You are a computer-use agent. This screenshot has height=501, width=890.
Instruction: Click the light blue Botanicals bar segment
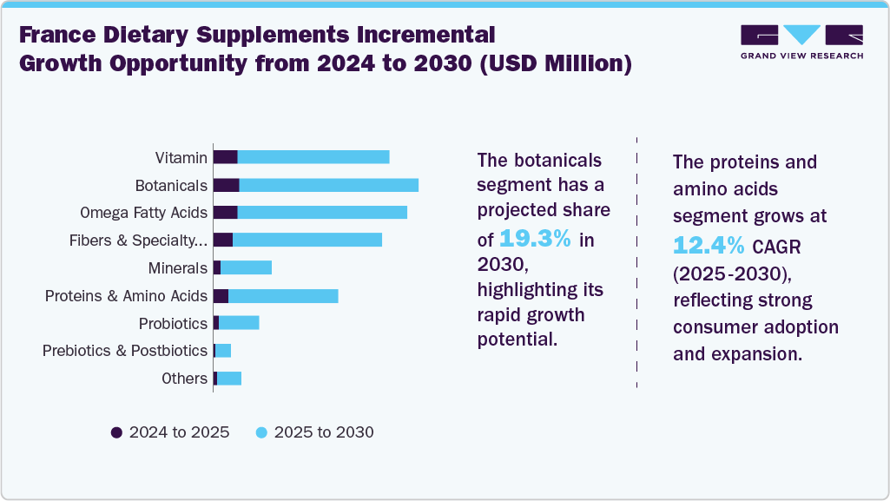pyautogui.click(x=328, y=185)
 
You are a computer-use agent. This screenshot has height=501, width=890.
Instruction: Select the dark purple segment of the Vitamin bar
pyautogui.click(x=225, y=157)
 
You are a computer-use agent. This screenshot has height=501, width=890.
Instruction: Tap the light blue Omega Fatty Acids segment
pyautogui.click(x=321, y=213)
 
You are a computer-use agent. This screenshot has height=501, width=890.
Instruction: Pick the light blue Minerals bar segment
pyautogui.click(x=246, y=268)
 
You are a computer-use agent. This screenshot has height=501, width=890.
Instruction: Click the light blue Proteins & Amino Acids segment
pyautogui.click(x=282, y=296)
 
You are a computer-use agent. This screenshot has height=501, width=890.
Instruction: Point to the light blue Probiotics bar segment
pyautogui.click(x=239, y=323)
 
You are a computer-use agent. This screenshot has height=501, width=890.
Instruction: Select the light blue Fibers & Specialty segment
pyautogui.click(x=307, y=241)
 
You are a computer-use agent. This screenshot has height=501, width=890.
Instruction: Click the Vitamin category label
pyautogui.click(x=181, y=158)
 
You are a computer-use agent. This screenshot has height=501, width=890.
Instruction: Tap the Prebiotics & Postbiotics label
pyautogui.click(x=125, y=351)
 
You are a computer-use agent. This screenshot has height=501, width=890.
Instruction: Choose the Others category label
pyautogui.click(x=184, y=379)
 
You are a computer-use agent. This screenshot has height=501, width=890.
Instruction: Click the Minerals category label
pyautogui.click(x=177, y=268)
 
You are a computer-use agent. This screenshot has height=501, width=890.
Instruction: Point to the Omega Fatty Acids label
pyautogui.click(x=143, y=213)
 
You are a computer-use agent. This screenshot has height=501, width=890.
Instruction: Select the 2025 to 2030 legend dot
pyautogui.click(x=261, y=432)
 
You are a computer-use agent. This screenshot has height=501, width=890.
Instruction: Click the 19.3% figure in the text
pyautogui.click(x=535, y=240)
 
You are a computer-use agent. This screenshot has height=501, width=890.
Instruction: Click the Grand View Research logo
pyautogui.click(x=801, y=42)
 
